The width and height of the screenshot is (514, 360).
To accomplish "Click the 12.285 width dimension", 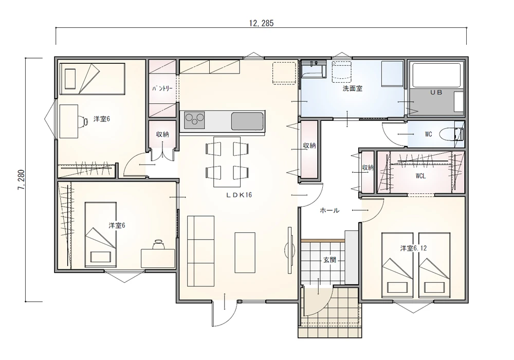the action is click(261, 23).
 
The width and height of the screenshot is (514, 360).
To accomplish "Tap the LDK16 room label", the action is click(238, 195).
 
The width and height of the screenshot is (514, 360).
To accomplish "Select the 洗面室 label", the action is click(353, 88).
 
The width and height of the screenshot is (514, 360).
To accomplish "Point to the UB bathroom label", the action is click(436, 93).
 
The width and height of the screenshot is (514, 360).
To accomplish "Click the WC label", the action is click(428, 134).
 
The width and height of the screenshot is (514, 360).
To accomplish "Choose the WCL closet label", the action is click(420, 176).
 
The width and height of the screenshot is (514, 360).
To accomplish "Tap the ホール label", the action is click(329, 210).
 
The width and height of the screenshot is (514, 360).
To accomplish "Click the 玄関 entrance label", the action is click(329, 260).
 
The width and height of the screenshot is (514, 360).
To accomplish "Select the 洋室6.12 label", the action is click(413, 248).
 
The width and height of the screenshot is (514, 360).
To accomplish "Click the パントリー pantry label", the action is click(162, 88).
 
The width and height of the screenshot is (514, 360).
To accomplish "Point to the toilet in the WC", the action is click(451, 134).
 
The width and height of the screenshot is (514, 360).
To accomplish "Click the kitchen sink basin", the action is click(248, 121).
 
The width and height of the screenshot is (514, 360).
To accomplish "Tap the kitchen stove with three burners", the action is click(194, 120).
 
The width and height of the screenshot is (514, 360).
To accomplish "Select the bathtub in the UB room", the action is click(436, 75).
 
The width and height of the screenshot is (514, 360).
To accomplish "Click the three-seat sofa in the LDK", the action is click(200, 251).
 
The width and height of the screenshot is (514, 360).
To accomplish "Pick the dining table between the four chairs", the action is click(227, 161).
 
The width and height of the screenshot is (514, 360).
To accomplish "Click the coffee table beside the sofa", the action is click(245, 253).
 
